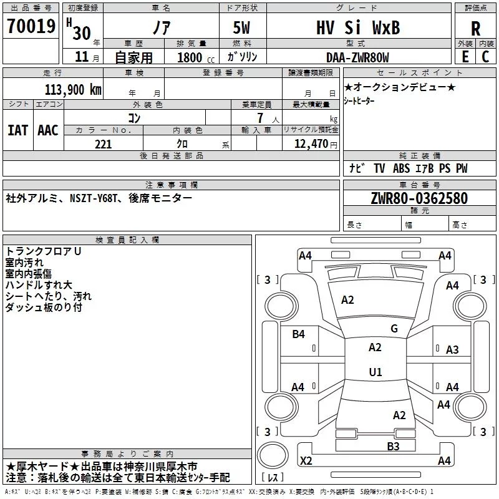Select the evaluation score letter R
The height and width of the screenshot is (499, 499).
475,28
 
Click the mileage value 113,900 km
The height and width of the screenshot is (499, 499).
73,89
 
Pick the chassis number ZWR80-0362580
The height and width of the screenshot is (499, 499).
419,198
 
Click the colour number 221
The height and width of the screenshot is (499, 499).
104,144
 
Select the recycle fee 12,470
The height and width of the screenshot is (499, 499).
310,144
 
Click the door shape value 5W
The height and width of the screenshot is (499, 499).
244,27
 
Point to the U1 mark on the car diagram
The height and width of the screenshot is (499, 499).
375,372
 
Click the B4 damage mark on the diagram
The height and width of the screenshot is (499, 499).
299,334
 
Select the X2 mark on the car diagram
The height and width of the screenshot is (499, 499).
306,460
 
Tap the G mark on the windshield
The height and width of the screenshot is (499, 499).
394,328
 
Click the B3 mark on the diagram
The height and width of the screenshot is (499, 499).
393,445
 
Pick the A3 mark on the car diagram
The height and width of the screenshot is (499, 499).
452,350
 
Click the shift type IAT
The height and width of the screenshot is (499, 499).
17,130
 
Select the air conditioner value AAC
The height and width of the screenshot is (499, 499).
48,130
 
